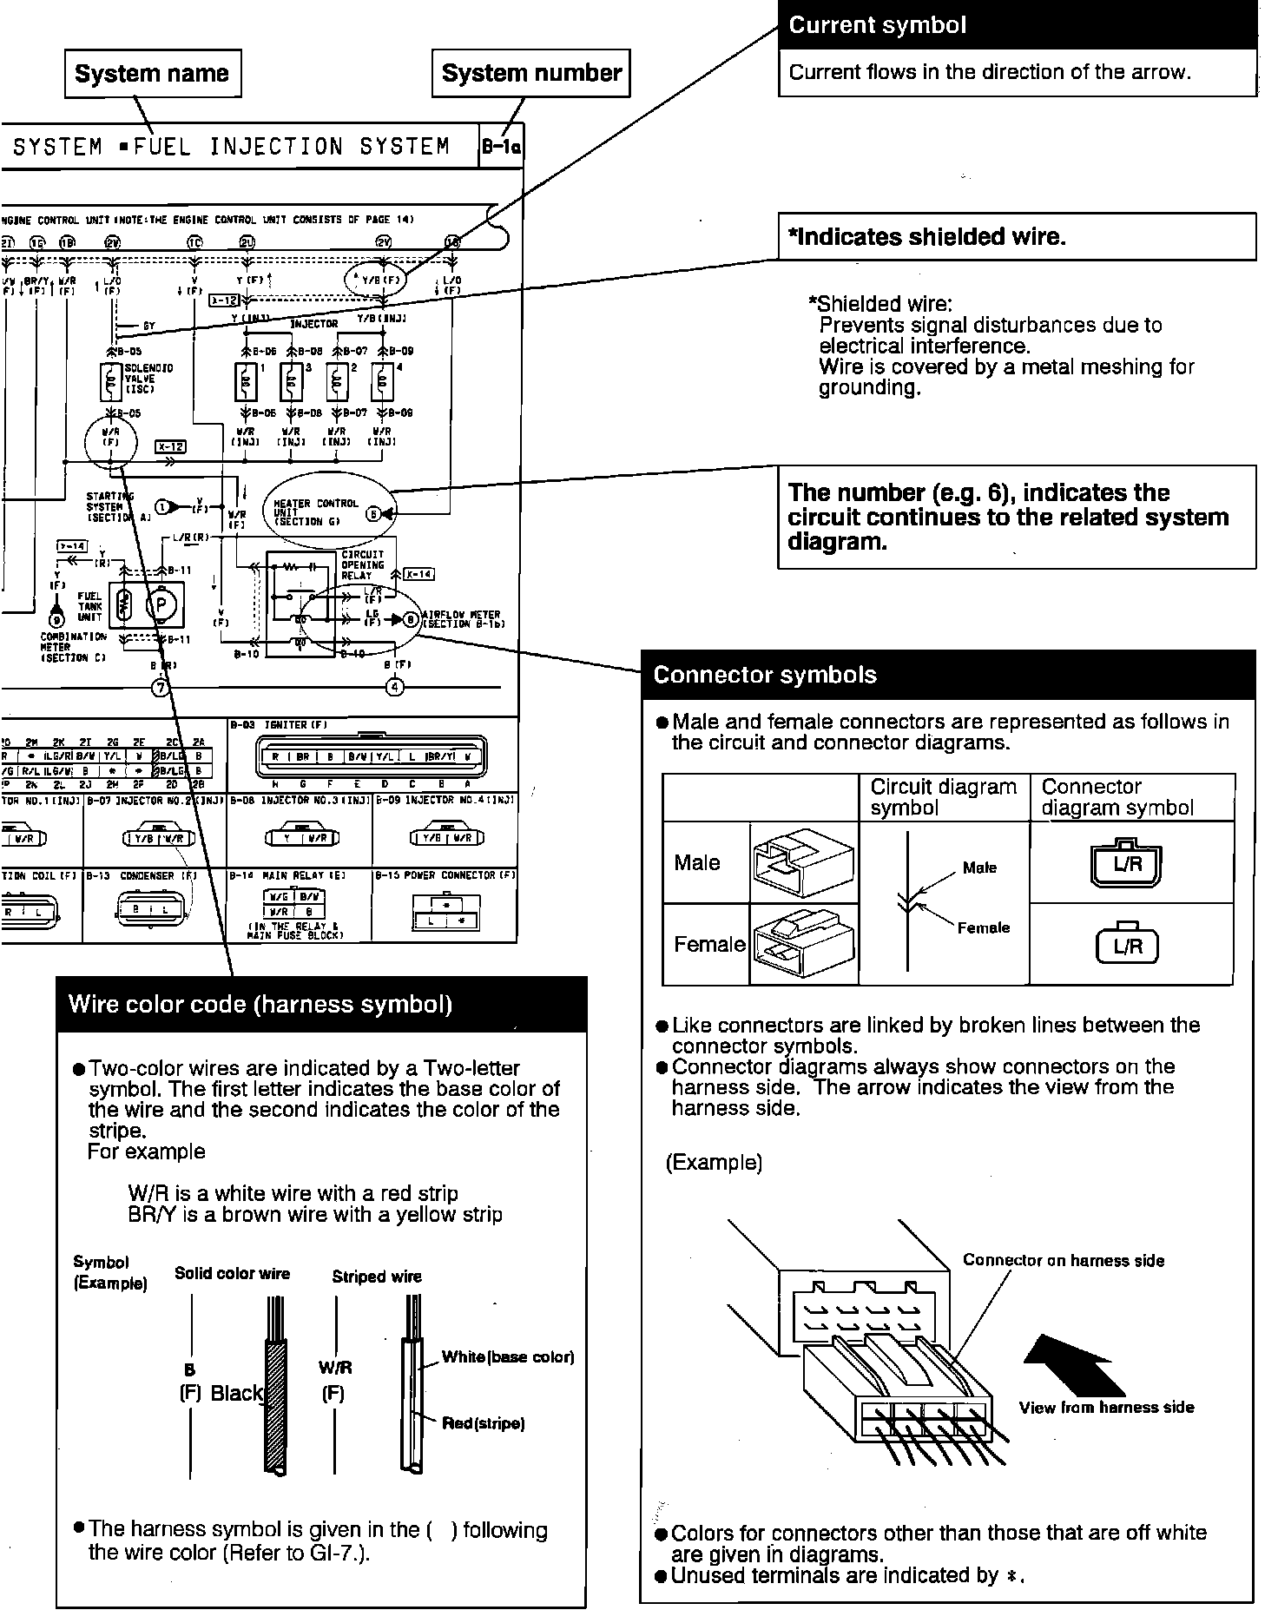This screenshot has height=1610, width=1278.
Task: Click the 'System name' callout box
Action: [152, 74]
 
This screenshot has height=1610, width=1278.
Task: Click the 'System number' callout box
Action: [531, 74]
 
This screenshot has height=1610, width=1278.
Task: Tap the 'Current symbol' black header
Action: [1018, 25]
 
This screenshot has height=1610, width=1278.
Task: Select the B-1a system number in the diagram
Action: [502, 148]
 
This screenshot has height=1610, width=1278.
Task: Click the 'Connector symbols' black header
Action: [948, 675]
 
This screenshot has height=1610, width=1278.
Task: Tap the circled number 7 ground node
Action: [161, 688]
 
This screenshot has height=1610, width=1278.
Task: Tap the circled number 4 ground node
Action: [395, 688]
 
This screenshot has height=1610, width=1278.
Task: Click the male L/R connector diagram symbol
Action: [1127, 864]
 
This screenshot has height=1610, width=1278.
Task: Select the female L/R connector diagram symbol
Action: [1127, 946]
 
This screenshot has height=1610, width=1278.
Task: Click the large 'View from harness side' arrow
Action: [1074, 1366]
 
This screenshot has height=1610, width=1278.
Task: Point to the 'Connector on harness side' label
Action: [1063, 1261]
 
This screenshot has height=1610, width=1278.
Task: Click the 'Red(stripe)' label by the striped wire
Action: [483, 1423]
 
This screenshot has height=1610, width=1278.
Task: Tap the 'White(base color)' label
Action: [508, 1357]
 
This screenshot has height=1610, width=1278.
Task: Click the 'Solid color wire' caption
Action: [232, 1274]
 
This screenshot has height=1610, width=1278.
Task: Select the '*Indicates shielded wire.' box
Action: [1018, 236]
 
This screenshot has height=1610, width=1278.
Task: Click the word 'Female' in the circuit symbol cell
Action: [983, 927]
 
